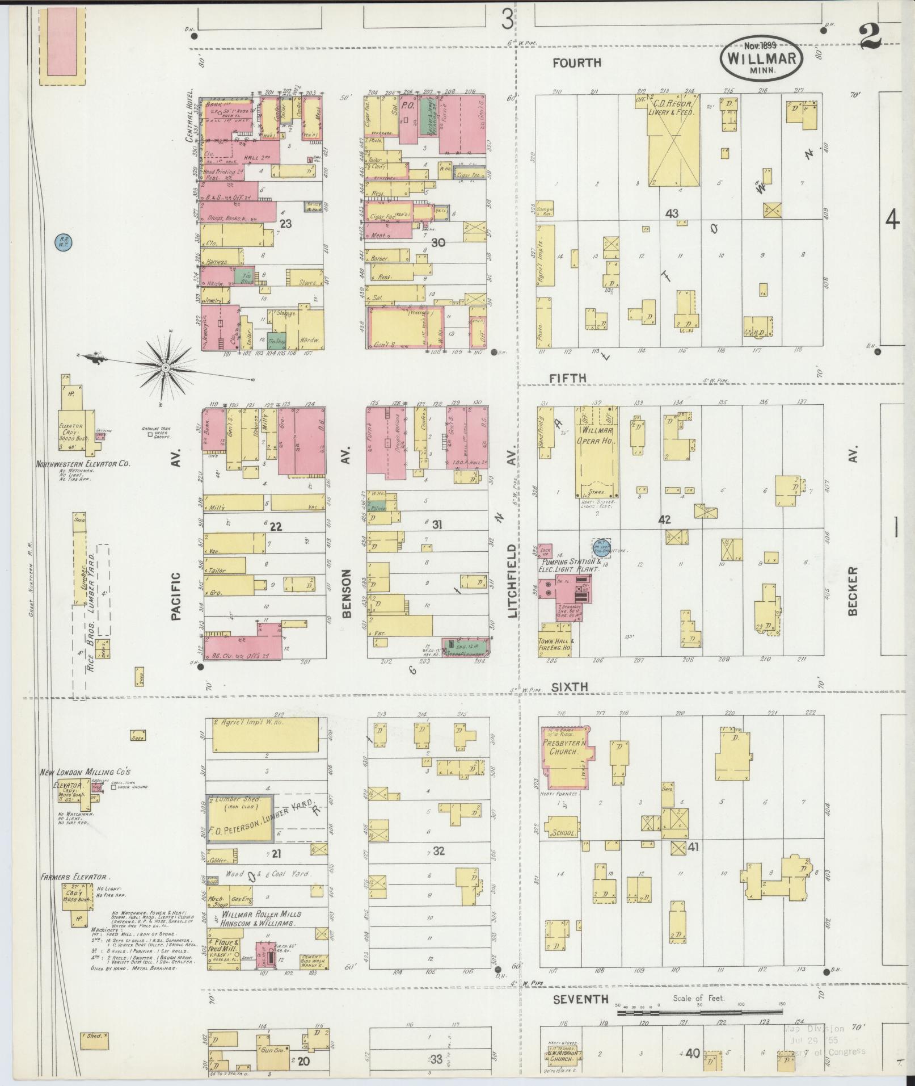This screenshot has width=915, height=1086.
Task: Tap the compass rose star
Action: tap(165, 368)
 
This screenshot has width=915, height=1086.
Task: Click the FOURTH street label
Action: tap(577, 63)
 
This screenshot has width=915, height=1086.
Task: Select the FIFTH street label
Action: tap(568, 378)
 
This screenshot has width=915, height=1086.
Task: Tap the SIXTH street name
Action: tap(570, 687)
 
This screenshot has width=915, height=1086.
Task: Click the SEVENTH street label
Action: tap(580, 999)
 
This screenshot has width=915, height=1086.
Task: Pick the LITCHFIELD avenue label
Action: tap(512, 581)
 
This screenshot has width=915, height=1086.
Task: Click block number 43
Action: tap(672, 214)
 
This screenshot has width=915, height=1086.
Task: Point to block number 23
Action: tap(285, 224)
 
